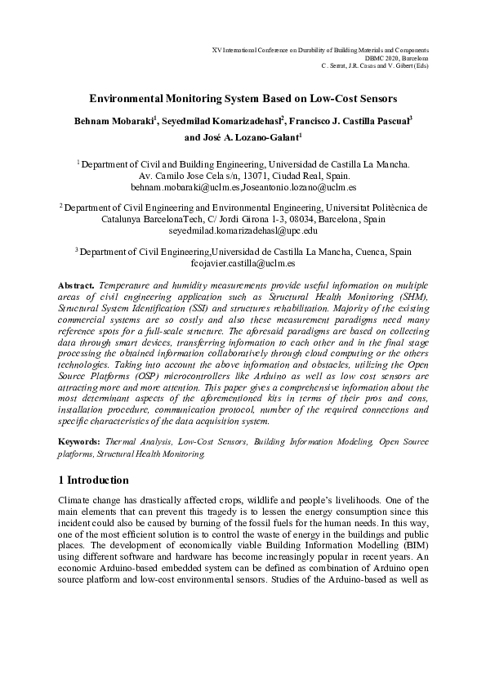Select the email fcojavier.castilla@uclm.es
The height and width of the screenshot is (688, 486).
pos(243,265)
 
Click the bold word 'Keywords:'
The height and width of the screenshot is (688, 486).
pos(80,441)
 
